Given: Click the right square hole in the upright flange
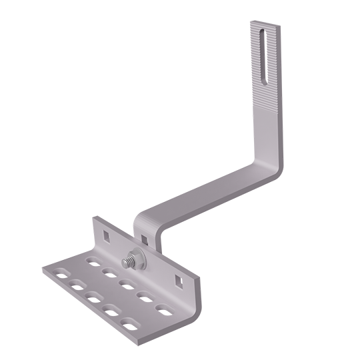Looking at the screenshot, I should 178,279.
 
